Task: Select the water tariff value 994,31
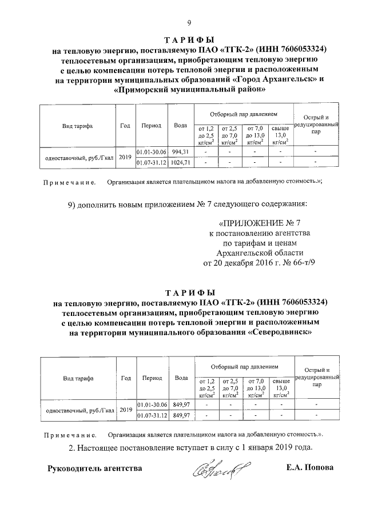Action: pyautogui.click(x=180, y=151)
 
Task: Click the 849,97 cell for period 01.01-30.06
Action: pyautogui.click(x=181, y=404)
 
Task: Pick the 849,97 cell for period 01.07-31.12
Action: pyautogui.click(x=181, y=415)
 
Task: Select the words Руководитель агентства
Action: pyautogui.click(x=94, y=468)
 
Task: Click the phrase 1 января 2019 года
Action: pyautogui.click(x=274, y=447)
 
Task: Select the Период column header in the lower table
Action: pyautogui.click(x=152, y=378)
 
